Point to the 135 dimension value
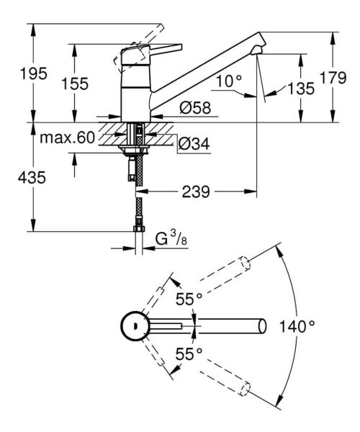[302, 89]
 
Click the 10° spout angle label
[228, 81]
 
